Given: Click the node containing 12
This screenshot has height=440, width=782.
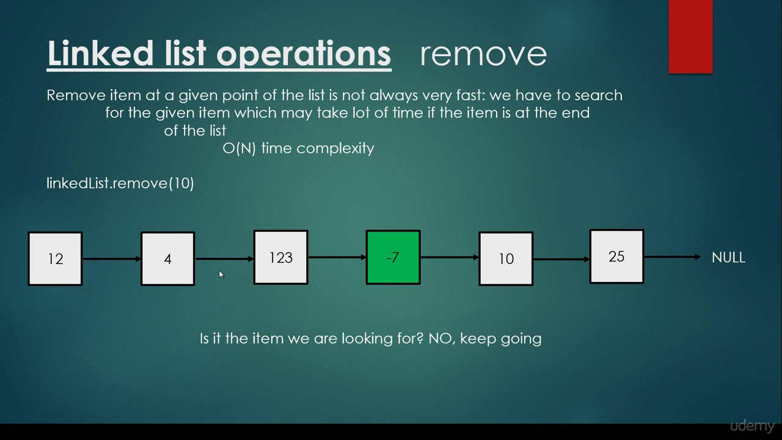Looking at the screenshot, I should (55, 258).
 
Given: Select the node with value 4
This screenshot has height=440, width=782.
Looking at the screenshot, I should (168, 258).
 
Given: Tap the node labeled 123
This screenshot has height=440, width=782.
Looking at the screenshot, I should (281, 257).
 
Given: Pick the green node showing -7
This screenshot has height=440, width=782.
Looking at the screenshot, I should (393, 257).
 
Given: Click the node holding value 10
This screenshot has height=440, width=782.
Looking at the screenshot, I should (506, 258).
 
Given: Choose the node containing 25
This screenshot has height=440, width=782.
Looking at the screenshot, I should (616, 257).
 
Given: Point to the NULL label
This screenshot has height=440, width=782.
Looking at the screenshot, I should (728, 257).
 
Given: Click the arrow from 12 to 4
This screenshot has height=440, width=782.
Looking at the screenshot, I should (112, 259).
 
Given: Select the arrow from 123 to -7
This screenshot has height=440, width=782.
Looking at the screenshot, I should (337, 258).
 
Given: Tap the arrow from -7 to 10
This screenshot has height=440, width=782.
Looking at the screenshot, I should (450, 258).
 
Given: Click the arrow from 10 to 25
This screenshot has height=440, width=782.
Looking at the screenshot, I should (561, 259).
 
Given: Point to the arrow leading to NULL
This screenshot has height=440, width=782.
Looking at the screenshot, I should (672, 257).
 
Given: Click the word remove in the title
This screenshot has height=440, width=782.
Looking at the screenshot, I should (483, 54).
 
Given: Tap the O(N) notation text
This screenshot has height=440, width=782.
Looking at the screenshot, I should (239, 148).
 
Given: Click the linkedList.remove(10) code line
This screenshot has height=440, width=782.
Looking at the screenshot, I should (120, 183).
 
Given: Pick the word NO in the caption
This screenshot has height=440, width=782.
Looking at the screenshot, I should (440, 339).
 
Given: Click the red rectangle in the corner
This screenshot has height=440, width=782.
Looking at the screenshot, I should (690, 37).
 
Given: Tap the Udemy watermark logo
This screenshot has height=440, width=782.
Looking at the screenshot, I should (752, 426).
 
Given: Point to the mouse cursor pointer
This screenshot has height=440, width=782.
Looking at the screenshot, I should (221, 275).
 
